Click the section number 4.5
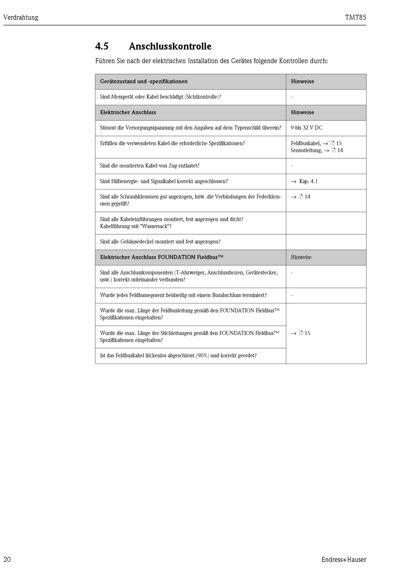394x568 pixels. [x=102, y=46]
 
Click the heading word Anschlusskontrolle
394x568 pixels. [x=170, y=46]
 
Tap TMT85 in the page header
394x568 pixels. [x=355, y=17]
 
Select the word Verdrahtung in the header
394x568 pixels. [x=21, y=17]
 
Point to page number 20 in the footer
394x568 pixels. [x=7, y=559]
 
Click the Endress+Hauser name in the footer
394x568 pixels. [x=344, y=559]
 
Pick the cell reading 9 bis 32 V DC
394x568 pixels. [x=306, y=128]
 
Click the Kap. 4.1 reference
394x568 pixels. [x=308, y=181]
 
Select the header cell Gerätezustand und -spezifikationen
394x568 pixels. [x=143, y=81]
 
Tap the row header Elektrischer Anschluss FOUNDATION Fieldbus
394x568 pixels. [x=161, y=257]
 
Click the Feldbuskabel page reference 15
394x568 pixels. [x=339, y=143]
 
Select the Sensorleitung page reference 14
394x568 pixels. [x=340, y=150]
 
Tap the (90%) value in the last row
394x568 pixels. [x=202, y=355]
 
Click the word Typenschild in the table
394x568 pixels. [x=247, y=128]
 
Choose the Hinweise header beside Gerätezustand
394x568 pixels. [x=302, y=81]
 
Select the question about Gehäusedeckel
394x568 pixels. [x=160, y=242]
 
